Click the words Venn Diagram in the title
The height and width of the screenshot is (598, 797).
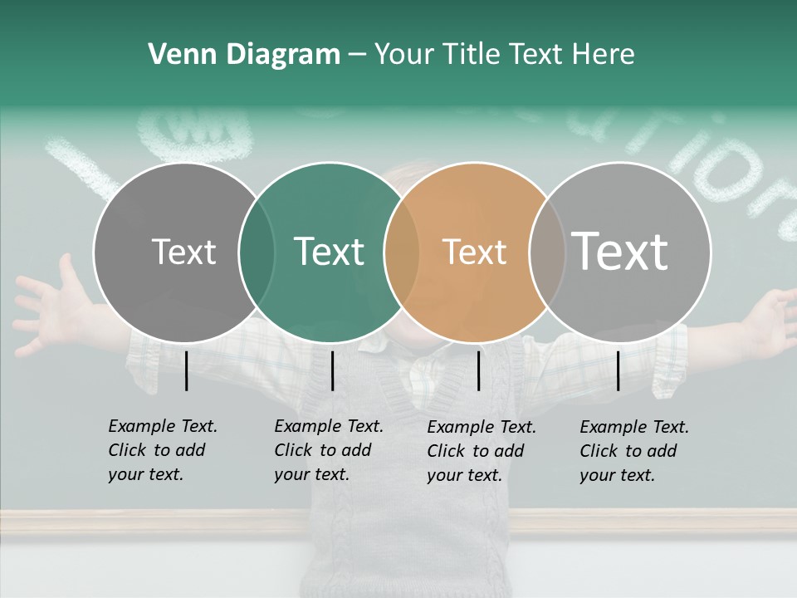click(x=244, y=55)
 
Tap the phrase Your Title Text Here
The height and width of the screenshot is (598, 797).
click(x=504, y=55)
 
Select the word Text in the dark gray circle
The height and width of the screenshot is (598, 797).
click(x=183, y=252)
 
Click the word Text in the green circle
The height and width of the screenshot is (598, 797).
click(x=329, y=252)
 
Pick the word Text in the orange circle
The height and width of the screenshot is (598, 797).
click(x=474, y=252)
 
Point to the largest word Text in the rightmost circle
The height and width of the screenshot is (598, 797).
click(x=619, y=251)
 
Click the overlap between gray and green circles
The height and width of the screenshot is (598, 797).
click(x=257, y=252)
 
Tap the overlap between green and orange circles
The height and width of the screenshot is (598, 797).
click(x=402, y=252)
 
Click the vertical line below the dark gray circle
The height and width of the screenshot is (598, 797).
click(x=186, y=370)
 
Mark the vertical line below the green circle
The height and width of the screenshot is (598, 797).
click(x=332, y=370)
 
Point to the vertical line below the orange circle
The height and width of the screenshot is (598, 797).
click(x=478, y=370)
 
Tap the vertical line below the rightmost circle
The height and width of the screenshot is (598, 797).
click(x=618, y=370)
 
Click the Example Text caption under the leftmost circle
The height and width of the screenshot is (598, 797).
click(x=162, y=450)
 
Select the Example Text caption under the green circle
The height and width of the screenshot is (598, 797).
click(x=328, y=450)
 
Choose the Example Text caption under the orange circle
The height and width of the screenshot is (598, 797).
click(x=481, y=451)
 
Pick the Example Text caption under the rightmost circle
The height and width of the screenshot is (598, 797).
click(x=633, y=451)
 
